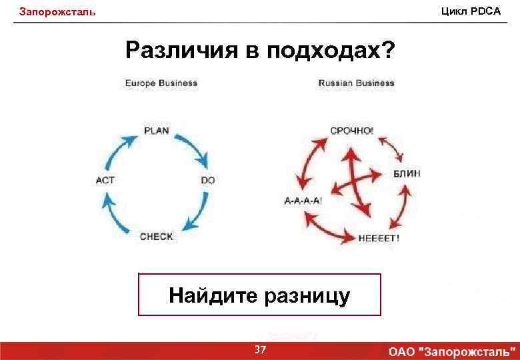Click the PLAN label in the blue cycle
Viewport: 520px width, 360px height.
pos(157,131)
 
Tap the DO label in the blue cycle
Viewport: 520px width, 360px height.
pos(207,180)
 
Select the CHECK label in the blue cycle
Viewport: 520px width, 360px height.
pos(157,236)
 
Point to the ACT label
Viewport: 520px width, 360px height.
pos(105,180)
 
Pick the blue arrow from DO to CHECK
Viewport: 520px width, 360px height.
pos(195,214)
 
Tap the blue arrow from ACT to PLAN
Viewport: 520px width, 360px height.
pos(120,145)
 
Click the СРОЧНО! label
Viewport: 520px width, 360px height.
pos(352,131)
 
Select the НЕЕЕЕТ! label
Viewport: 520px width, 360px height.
pos(379,237)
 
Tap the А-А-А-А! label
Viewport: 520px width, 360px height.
pos(303,201)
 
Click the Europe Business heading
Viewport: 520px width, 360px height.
pos(161,83)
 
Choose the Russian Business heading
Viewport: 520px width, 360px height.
pos(356,83)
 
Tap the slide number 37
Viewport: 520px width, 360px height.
pos(261,350)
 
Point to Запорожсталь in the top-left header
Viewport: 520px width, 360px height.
pos(57,12)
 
